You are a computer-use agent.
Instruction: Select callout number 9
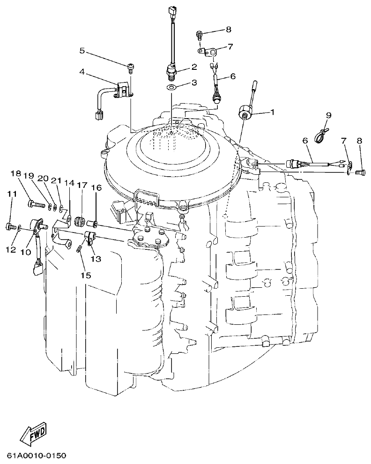(328, 115)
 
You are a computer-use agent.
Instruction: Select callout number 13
(96, 258)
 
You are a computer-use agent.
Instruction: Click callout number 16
(96, 187)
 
